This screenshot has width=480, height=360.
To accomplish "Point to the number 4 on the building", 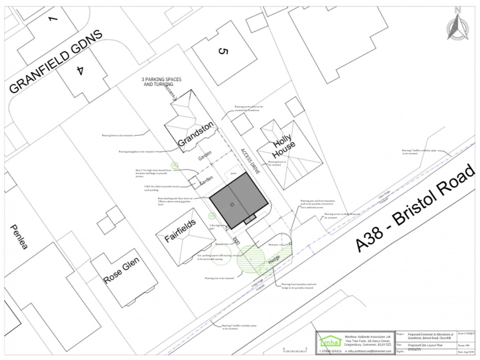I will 79,70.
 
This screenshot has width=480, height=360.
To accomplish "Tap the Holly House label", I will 284,145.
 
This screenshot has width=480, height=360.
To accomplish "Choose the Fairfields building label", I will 180,231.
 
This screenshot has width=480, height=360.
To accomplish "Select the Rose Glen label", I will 121,270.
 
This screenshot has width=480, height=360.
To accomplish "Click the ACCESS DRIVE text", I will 250,161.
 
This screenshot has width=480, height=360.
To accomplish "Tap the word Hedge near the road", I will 274,259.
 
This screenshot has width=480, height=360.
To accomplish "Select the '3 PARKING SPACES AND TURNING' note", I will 161,82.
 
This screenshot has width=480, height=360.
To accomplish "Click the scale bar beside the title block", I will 294,349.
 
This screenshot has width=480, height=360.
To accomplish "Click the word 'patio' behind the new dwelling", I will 233,173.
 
